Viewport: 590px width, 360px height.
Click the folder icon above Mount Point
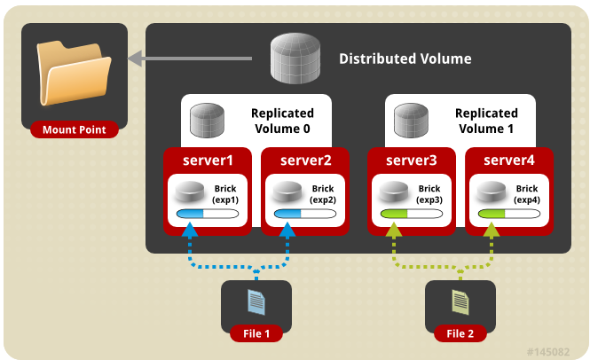coord(75,73)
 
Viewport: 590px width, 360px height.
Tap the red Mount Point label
coord(75,129)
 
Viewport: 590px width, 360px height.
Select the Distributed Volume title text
coord(405,59)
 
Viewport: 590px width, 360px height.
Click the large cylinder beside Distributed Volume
coord(295,58)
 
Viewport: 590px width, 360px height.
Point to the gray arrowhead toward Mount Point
coord(135,59)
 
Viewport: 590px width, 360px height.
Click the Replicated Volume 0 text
coord(282,121)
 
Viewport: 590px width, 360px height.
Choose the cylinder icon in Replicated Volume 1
coord(411,121)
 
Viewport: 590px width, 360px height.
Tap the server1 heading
coord(208,160)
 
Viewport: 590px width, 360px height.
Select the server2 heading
coord(305,160)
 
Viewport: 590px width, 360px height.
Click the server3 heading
coord(412,160)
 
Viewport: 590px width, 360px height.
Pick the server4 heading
coord(508,160)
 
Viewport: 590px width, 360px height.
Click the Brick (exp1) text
coord(225,194)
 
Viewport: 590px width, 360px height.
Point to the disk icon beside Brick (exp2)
coord(287,192)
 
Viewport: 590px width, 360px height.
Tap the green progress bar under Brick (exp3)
coord(412,214)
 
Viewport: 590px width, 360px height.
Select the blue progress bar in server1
coord(208,214)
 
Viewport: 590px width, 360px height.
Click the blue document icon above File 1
coord(256,302)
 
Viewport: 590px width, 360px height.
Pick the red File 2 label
coord(460,333)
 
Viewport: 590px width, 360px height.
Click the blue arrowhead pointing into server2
coord(287,230)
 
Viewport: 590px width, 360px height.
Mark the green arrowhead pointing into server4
coord(492,230)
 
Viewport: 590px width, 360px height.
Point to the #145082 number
coord(548,352)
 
